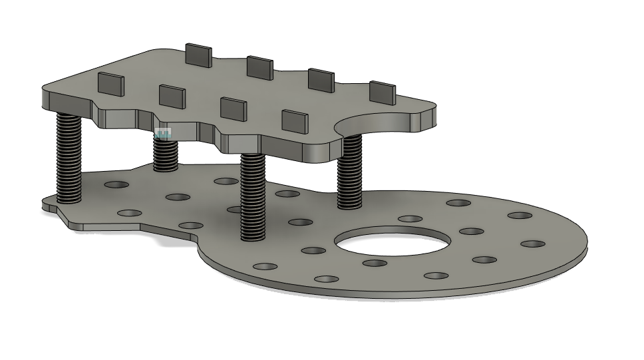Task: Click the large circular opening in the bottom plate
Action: pyautogui.click(x=389, y=242)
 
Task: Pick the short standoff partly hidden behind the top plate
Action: pyautogui.click(x=165, y=154)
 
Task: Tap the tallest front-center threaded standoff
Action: pyautogui.click(x=253, y=196)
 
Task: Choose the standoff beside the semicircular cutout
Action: pyautogui.click(x=349, y=172)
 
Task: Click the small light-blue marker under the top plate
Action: pyautogui.click(x=163, y=134)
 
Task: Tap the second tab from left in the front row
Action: pyautogui.click(x=172, y=96)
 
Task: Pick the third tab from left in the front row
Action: pyautogui.click(x=233, y=108)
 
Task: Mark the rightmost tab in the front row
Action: pyautogui.click(x=295, y=121)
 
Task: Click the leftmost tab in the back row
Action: pyautogui.click(x=198, y=55)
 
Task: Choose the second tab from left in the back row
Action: pyautogui.click(x=259, y=67)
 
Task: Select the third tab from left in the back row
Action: pyautogui.click(x=321, y=80)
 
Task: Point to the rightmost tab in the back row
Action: pyautogui.click(x=382, y=93)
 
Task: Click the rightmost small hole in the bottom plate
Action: pyautogui.click(x=533, y=244)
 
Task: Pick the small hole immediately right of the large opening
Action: pyautogui.click(x=471, y=232)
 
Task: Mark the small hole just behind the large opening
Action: pyautogui.click(x=410, y=218)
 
